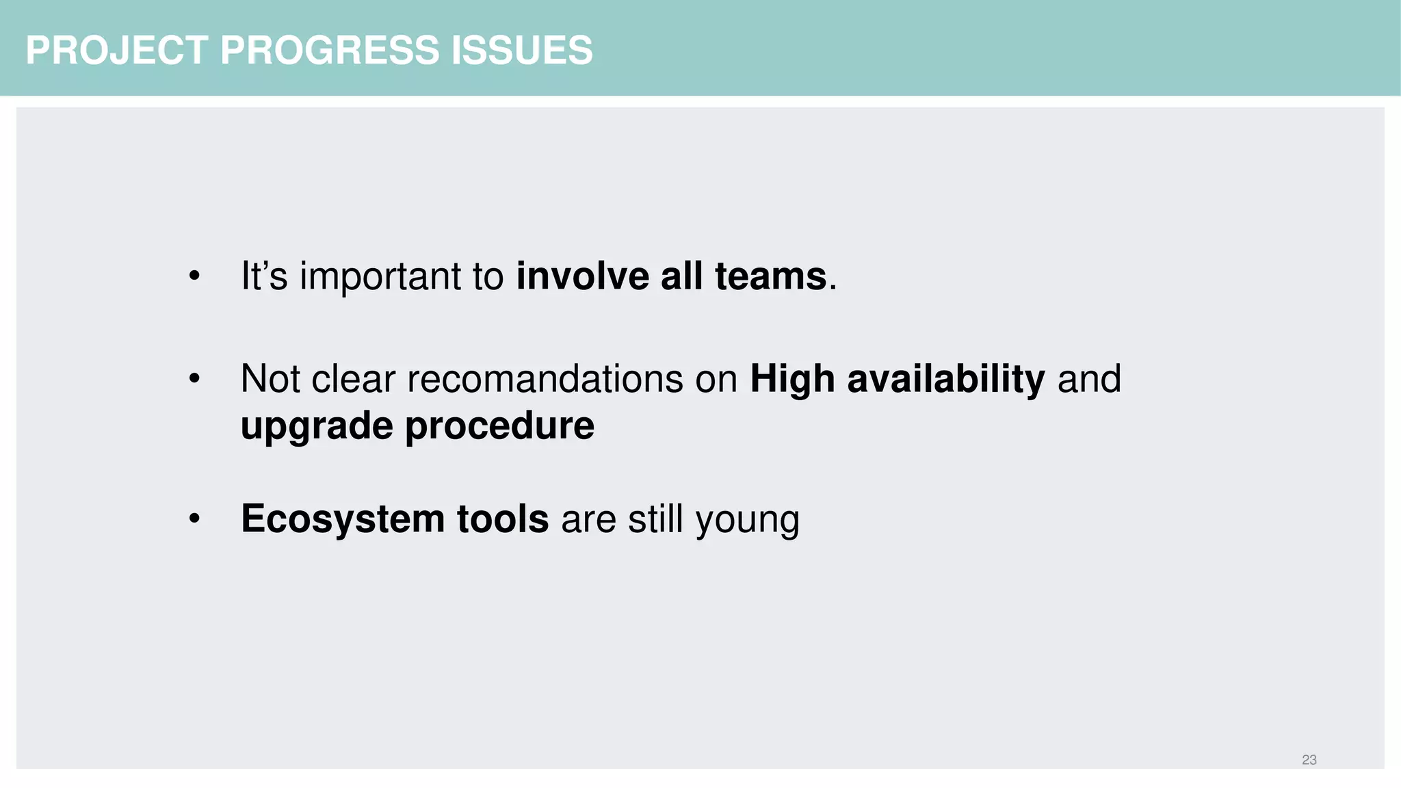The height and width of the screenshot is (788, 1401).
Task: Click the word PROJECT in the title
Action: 116,51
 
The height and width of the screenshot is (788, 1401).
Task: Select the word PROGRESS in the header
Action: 329,51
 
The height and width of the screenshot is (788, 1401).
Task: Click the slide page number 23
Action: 1309,760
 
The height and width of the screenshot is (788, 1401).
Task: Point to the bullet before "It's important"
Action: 195,277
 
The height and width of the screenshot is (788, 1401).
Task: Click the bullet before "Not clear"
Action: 195,379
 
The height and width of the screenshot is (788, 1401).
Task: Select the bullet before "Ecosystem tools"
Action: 195,519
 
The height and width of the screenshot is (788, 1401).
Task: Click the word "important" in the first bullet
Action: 380,277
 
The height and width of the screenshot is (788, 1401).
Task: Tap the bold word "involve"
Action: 582,277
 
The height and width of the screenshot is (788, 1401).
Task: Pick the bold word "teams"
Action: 770,277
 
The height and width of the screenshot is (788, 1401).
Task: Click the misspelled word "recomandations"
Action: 545,379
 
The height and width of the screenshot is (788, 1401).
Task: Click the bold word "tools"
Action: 502,519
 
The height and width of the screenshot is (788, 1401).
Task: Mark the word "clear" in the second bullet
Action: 353,379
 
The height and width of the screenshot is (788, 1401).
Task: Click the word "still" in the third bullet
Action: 655,519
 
